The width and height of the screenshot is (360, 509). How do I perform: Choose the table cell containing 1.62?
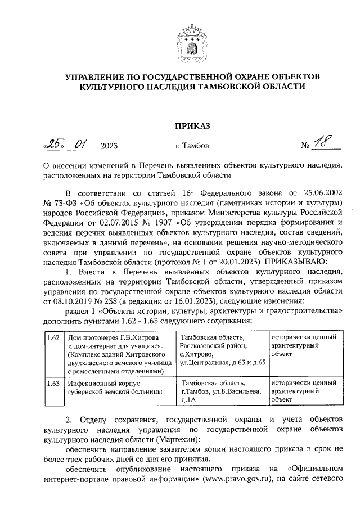pyautogui.click(x=53, y=337)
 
